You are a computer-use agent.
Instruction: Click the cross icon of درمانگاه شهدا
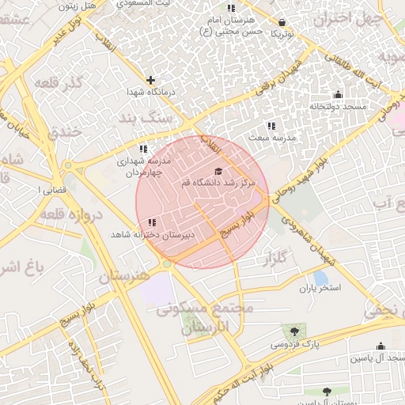tap(150, 79)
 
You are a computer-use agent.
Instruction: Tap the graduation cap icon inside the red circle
tap(218, 171)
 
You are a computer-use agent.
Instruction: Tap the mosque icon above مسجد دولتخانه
tap(338, 95)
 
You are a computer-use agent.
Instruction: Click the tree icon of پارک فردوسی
tap(294, 331)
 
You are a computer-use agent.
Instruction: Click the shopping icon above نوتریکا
tap(283, 23)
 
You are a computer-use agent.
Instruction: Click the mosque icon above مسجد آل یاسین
tap(380, 346)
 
